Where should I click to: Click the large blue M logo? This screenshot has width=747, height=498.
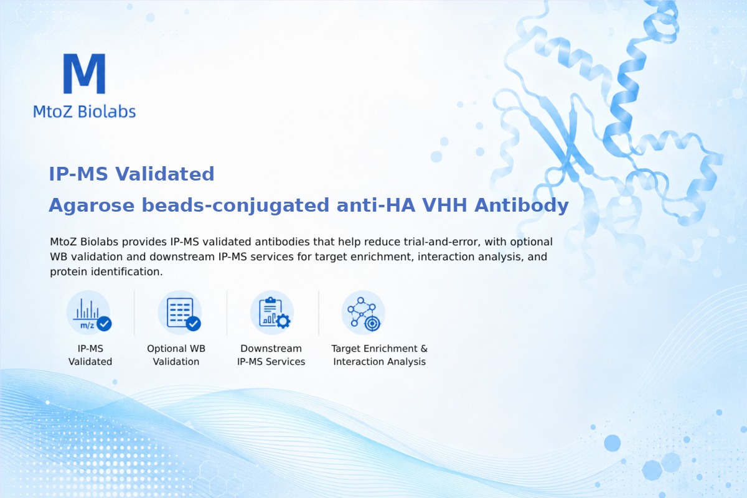pyautogui.click(x=85, y=73)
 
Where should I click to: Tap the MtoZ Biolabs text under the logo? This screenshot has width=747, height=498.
pyautogui.click(x=85, y=111)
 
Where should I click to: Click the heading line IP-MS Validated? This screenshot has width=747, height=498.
pyautogui.click(x=131, y=174)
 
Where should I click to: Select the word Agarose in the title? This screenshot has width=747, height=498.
pyautogui.click(x=92, y=205)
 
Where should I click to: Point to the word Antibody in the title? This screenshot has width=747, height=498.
pyautogui.click(x=522, y=205)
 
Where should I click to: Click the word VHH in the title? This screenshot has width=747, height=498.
pyautogui.click(x=444, y=205)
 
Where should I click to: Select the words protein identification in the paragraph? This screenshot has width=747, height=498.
pyautogui.click(x=106, y=271)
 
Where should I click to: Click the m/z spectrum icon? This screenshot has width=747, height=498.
pyautogui.click(x=88, y=312)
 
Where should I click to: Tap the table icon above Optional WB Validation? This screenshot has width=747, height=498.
pyautogui.click(x=180, y=312)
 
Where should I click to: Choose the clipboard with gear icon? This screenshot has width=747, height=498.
pyautogui.click(x=272, y=312)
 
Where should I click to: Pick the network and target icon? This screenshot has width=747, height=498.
pyautogui.click(x=363, y=312)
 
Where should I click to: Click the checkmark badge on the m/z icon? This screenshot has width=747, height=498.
pyautogui.click(x=104, y=324)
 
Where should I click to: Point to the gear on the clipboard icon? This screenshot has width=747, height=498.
pyautogui.click(x=283, y=321)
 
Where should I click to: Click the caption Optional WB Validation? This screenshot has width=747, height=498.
pyautogui.click(x=176, y=355)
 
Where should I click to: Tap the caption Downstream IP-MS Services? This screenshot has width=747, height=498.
pyautogui.click(x=271, y=355)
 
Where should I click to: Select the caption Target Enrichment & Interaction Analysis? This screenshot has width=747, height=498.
pyautogui.click(x=380, y=355)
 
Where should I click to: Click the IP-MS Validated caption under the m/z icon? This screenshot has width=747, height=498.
pyautogui.click(x=90, y=355)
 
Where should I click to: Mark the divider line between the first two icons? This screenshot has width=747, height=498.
pyautogui.click(x=134, y=312)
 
